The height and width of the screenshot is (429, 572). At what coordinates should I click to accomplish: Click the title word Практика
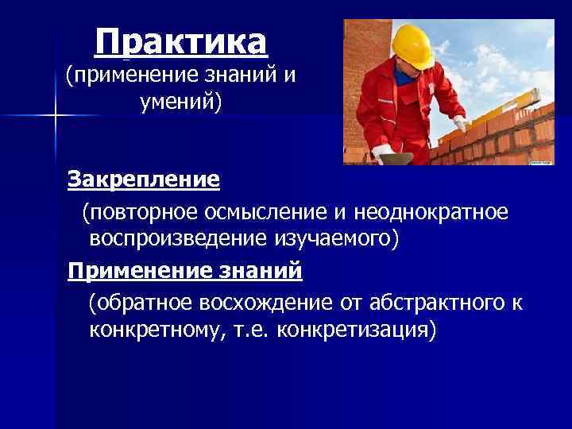[180, 41]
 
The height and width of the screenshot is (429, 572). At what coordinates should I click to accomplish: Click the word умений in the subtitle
[179, 102]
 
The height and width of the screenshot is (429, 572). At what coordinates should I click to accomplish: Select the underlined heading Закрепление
[144, 180]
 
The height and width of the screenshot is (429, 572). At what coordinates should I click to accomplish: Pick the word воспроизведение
[181, 238]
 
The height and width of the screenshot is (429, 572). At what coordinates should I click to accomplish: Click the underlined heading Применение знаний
[185, 271]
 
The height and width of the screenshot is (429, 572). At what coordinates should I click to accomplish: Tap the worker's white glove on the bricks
[459, 124]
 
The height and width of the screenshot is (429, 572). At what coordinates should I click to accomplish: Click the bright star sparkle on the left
[55, 116]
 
